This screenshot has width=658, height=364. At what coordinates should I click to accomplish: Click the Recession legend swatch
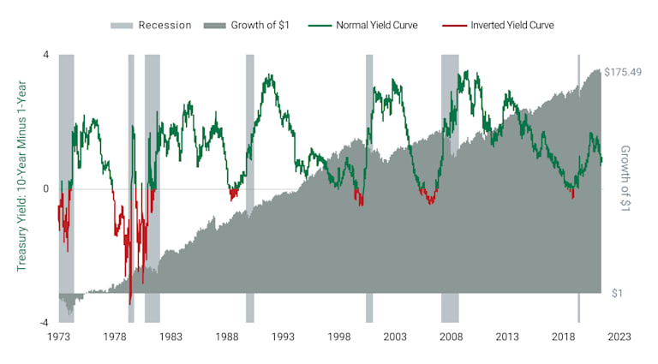123,25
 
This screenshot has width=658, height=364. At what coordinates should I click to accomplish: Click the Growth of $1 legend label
259,25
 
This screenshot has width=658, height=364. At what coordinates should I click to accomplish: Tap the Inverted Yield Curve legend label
512,25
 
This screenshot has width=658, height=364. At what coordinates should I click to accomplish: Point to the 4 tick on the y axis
45,55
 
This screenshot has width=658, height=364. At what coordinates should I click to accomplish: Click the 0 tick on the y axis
45,188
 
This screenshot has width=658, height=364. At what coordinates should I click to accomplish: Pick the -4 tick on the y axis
44,323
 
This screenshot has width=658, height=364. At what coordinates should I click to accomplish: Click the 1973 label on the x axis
57,337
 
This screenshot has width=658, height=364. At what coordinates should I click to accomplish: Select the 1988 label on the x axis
227,337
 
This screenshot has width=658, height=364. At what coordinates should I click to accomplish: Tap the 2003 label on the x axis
395,337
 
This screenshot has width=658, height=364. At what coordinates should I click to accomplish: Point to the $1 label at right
616,293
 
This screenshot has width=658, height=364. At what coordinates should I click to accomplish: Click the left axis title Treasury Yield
22,188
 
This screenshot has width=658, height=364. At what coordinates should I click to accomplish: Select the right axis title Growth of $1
625,177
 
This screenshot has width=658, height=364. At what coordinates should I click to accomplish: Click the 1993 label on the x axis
283,337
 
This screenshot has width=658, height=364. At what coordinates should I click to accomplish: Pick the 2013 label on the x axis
507,337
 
